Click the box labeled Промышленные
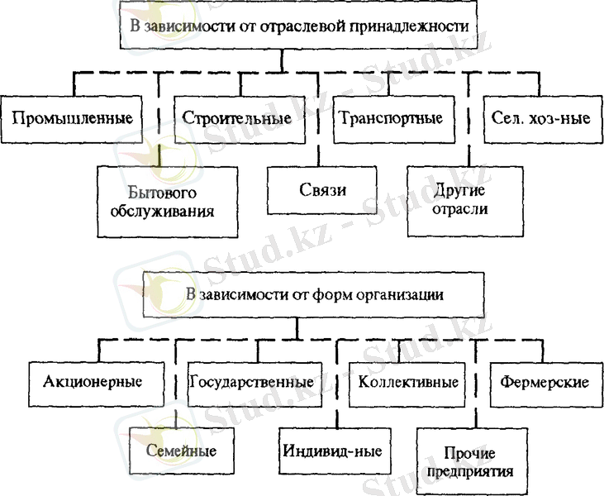point(74,117)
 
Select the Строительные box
point(235,117)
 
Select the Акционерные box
point(91,382)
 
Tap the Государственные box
point(251,382)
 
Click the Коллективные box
point(408,383)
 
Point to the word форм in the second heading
point(325,294)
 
